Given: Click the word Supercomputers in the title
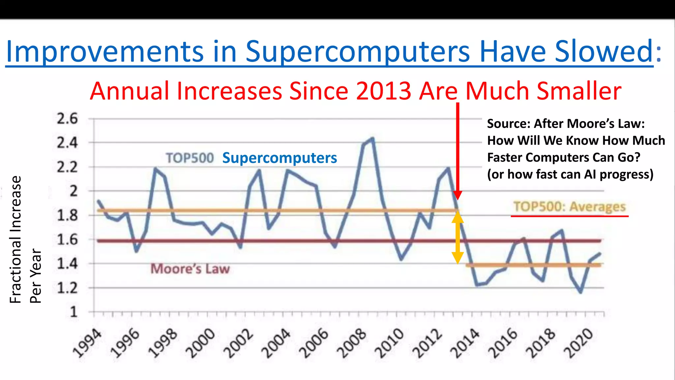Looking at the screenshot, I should [x=357, y=51].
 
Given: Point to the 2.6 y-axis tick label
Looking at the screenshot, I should [x=67, y=119].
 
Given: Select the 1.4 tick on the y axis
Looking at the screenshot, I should [x=67, y=264].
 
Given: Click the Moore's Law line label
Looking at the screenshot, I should [x=190, y=269].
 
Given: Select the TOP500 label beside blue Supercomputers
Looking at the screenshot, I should [x=190, y=158].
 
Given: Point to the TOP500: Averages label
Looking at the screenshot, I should [x=570, y=207].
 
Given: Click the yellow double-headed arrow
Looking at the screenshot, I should [x=458, y=237].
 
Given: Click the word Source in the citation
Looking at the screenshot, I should [x=507, y=124].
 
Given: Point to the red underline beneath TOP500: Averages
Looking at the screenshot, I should [x=570, y=216].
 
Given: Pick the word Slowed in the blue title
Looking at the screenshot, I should [x=604, y=51].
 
